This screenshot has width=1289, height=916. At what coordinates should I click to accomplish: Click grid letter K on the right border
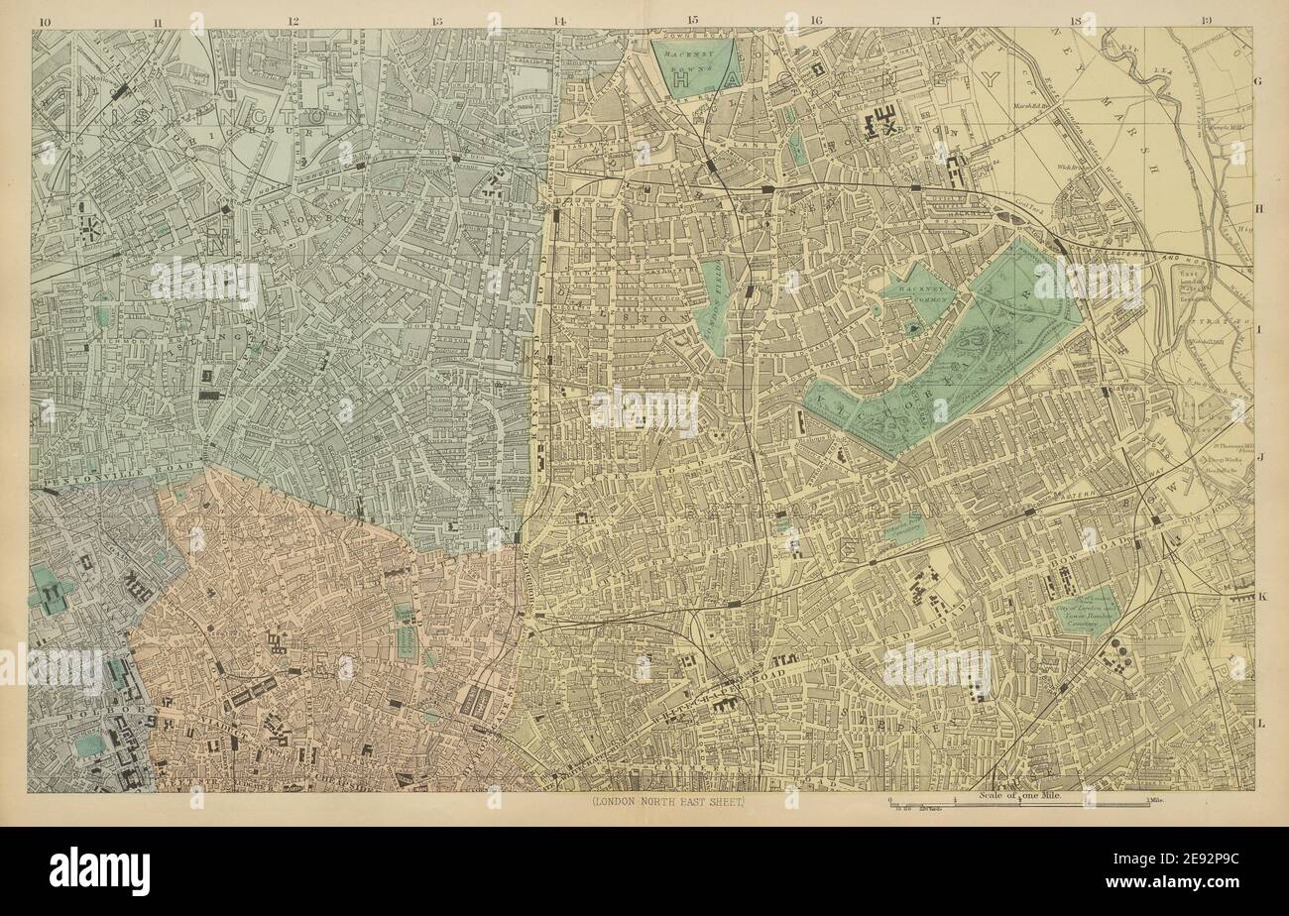[1261, 597]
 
